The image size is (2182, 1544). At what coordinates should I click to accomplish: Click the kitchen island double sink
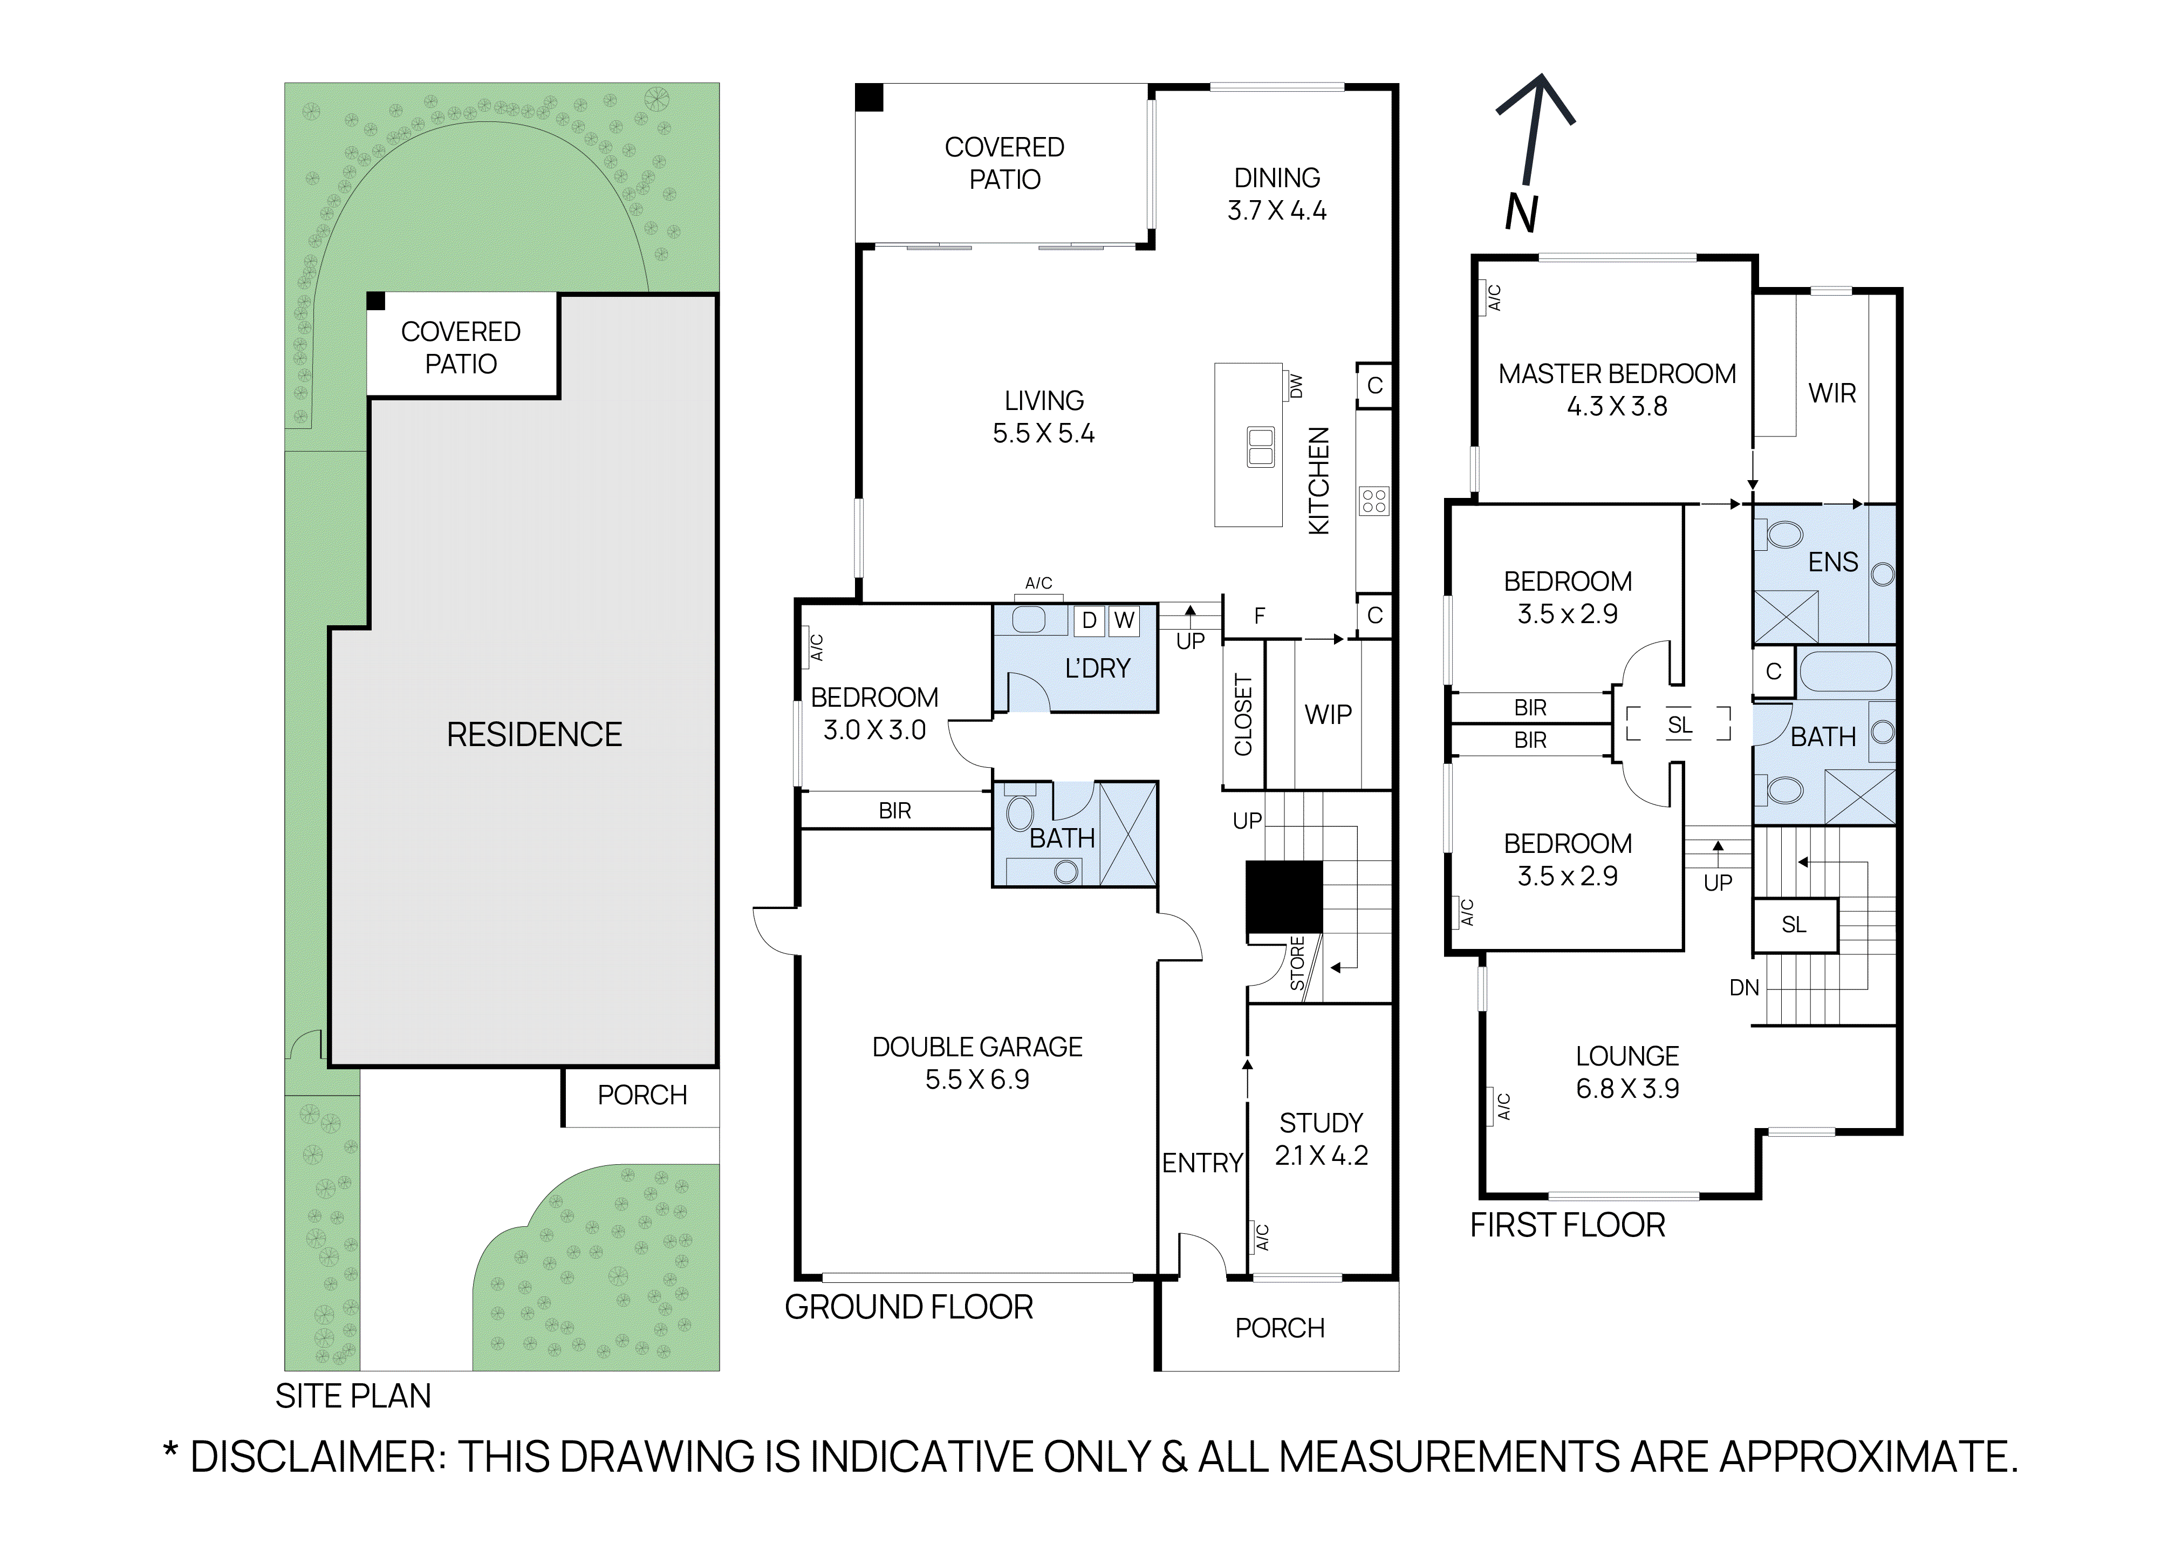pyautogui.click(x=1261, y=447)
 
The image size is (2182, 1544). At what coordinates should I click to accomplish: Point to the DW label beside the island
pyautogui.click(x=1295, y=386)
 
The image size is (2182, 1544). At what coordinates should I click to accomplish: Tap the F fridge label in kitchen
pyautogui.click(x=1259, y=616)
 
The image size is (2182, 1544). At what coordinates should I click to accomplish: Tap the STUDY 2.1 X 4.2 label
pyautogui.click(x=1321, y=1139)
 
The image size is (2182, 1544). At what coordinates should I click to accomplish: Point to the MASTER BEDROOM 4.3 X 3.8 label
pyautogui.click(x=1616, y=390)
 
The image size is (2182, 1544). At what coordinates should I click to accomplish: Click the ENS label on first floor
pyautogui.click(x=1832, y=562)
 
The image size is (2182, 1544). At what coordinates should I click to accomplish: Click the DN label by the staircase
pyautogui.click(x=1743, y=988)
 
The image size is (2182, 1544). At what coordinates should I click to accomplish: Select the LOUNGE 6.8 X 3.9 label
pyautogui.click(x=1627, y=1072)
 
